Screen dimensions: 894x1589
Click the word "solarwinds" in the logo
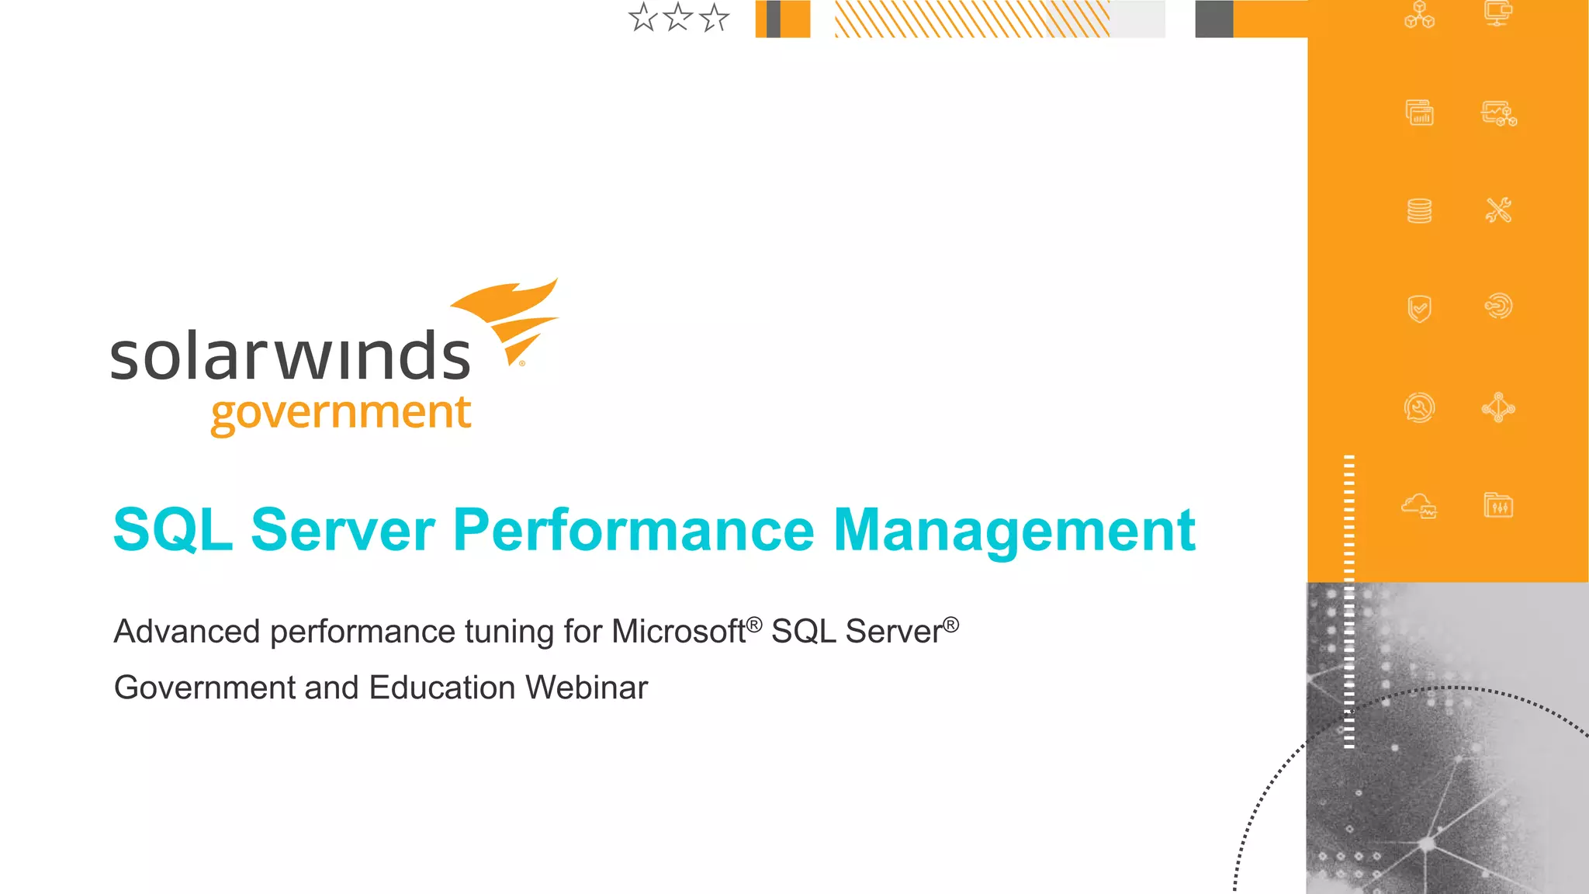290,357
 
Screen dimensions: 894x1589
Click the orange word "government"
341,413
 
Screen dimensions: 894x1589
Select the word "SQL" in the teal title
172,530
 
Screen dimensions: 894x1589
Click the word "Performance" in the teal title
633,530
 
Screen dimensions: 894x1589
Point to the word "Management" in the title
1013,530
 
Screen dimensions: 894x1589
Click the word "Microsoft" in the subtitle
678,632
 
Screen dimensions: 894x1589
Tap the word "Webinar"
587,688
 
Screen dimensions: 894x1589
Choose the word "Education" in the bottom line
442,688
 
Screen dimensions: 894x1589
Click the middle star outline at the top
678,17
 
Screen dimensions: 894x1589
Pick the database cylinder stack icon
1419,210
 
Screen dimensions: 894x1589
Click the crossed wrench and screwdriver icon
1498,210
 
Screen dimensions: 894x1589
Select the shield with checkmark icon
1419,308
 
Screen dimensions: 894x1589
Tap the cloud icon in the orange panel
1418,506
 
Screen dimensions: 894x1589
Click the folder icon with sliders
1498,506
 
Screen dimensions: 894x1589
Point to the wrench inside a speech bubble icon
1419,407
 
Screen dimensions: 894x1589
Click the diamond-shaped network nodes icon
1498,407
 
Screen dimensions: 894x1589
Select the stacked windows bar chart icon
1419,113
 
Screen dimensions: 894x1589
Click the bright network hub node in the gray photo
1426,844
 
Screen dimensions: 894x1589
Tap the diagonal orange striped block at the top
970,19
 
